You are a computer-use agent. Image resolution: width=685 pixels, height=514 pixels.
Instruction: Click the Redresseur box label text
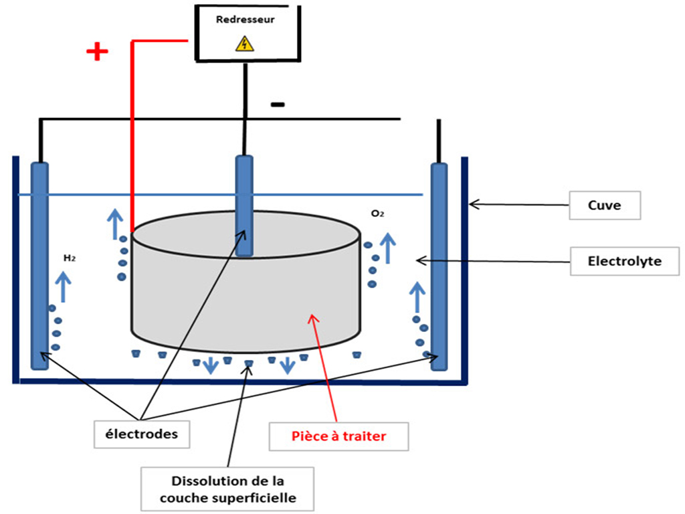246,19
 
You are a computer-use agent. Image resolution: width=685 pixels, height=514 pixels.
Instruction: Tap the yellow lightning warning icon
246,44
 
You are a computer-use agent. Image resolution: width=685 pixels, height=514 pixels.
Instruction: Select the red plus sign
98,52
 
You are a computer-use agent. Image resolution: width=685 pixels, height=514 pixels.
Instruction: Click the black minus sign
278,104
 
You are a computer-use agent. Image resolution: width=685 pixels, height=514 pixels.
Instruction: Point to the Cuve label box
604,205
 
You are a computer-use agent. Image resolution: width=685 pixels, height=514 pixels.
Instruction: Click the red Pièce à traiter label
339,437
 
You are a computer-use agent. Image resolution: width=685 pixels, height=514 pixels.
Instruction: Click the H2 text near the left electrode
68,257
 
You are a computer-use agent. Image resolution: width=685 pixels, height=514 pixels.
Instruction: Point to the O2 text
377,214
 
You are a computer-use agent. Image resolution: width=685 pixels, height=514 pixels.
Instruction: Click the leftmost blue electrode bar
40,265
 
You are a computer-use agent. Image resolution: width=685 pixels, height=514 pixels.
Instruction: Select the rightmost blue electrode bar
439,265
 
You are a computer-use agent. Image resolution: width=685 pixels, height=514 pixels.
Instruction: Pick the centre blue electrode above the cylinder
245,205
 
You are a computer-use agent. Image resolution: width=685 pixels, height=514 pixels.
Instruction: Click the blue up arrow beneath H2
64,286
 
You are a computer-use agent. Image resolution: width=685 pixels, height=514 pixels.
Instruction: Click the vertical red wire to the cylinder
132,134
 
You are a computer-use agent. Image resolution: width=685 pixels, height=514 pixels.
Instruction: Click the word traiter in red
366,437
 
